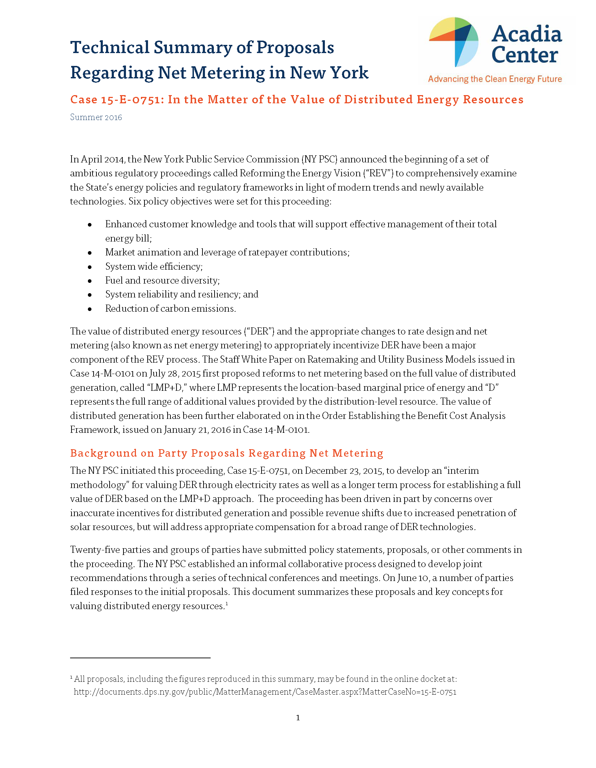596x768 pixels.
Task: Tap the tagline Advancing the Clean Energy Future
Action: point(495,79)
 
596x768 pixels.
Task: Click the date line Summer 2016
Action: point(96,118)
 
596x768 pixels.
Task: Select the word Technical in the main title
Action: point(110,48)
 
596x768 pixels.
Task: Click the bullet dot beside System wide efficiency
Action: point(90,267)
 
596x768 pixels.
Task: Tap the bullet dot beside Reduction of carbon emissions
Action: point(90,309)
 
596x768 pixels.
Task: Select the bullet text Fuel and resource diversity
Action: point(162,281)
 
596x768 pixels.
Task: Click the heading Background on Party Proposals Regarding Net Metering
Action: point(227,453)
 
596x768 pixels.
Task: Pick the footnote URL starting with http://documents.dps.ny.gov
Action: point(265,692)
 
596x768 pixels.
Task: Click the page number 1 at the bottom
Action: point(298,718)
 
